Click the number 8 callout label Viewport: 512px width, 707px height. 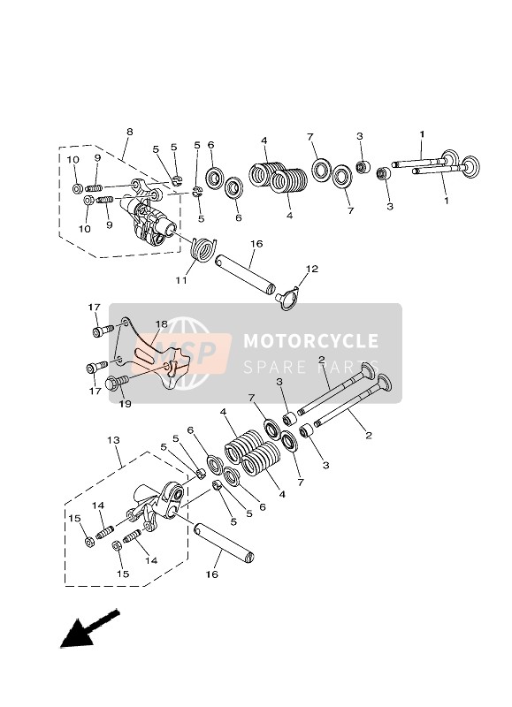click(129, 132)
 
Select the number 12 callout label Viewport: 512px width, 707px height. click(311, 269)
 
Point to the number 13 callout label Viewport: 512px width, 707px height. click(112, 439)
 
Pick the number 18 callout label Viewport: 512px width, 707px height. click(162, 324)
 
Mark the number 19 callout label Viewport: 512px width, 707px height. click(126, 402)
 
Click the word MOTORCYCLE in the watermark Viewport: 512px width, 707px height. click(310, 341)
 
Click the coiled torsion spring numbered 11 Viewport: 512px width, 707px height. click(204, 248)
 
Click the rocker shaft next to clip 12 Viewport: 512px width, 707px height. click(247, 274)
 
